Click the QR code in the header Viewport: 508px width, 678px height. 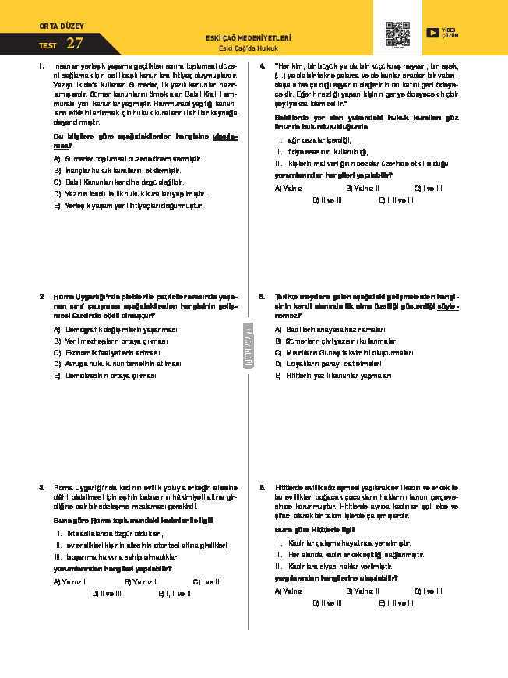(397, 34)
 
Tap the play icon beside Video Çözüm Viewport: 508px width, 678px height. (432, 33)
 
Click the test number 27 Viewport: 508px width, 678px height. (75, 43)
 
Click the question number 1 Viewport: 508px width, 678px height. (41, 66)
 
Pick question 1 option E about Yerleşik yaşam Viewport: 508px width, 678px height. (129, 205)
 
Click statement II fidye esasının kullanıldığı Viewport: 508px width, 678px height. (323, 152)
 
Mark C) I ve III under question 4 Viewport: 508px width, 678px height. (428, 188)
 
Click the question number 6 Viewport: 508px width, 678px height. (263, 483)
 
